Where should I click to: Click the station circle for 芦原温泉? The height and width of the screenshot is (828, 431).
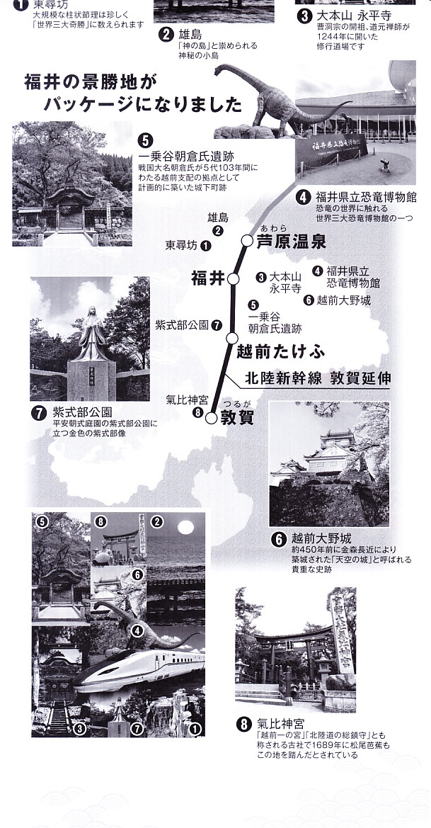(247, 241)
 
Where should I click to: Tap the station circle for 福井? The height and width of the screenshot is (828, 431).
(233, 279)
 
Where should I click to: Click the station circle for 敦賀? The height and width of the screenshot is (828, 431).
(211, 418)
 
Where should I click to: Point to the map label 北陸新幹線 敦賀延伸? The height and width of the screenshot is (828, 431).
(318, 378)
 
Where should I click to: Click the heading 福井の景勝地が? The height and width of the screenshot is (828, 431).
(91, 82)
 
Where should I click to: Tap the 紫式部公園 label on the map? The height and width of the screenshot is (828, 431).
(182, 325)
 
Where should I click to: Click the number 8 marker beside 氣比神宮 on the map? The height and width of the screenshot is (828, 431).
(198, 413)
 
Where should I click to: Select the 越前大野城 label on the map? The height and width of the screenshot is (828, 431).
(343, 300)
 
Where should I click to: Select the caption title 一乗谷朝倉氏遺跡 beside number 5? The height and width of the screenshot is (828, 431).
(185, 157)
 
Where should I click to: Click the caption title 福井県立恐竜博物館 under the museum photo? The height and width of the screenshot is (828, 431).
(366, 198)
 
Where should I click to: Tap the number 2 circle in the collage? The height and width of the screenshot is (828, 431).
(156, 522)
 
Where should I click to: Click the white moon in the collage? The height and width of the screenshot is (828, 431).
(185, 527)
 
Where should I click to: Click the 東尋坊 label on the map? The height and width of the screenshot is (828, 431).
(181, 246)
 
